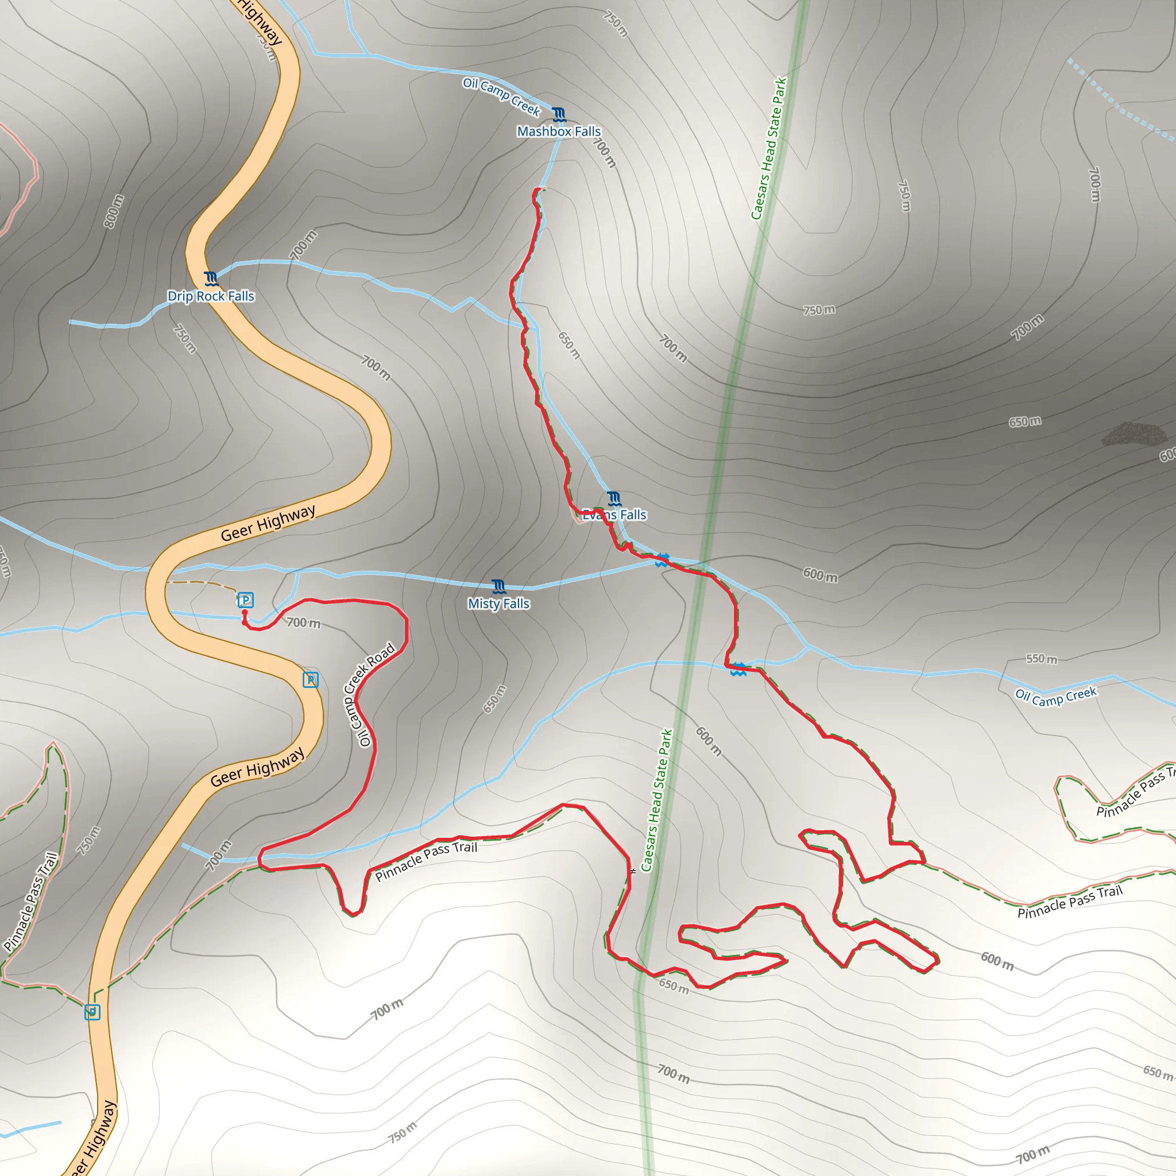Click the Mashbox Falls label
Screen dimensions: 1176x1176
click(x=558, y=131)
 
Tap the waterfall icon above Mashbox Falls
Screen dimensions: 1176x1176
click(x=559, y=114)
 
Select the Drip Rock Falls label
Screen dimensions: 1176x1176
click(x=211, y=296)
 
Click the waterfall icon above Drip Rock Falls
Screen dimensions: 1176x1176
click(x=211, y=280)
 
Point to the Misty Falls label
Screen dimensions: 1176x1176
click(x=498, y=604)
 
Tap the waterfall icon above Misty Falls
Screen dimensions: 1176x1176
click(x=498, y=587)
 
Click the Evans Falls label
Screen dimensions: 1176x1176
click(x=614, y=515)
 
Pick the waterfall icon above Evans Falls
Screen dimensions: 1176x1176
click(x=614, y=499)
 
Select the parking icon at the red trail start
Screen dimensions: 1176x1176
click(x=245, y=600)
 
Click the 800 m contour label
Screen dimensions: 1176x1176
click(x=114, y=211)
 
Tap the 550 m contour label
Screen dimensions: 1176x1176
click(x=1042, y=659)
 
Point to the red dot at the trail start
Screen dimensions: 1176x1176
click(x=245, y=622)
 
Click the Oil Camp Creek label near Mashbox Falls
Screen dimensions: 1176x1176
click(x=501, y=96)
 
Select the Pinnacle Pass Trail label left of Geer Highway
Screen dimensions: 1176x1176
click(x=30, y=902)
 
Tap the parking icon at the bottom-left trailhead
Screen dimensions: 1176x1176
click(x=92, y=1012)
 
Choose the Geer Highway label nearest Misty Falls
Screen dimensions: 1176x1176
click(x=268, y=523)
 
